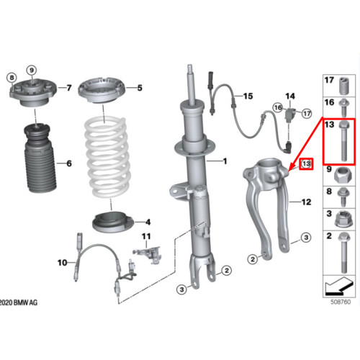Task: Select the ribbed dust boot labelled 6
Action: tap(40, 158)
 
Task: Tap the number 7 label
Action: tap(69, 88)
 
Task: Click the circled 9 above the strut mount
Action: tap(32, 71)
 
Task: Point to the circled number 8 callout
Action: tap(12, 78)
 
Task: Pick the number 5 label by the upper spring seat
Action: tap(140, 88)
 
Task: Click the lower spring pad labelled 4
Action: tap(112, 222)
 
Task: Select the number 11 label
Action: tap(146, 237)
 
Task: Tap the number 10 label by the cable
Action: tap(62, 263)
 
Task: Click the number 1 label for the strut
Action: tap(225, 161)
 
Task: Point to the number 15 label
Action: tap(248, 96)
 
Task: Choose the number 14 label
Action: tap(290, 96)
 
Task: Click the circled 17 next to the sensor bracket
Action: tap(307, 113)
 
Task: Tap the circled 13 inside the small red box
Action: tap(306, 163)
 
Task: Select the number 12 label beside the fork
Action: tap(306, 202)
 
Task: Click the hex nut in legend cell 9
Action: tap(343, 175)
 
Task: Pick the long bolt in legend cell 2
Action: tap(343, 253)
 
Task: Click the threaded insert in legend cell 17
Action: tap(343, 86)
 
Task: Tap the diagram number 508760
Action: tap(341, 302)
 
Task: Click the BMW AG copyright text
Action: tap(19, 302)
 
